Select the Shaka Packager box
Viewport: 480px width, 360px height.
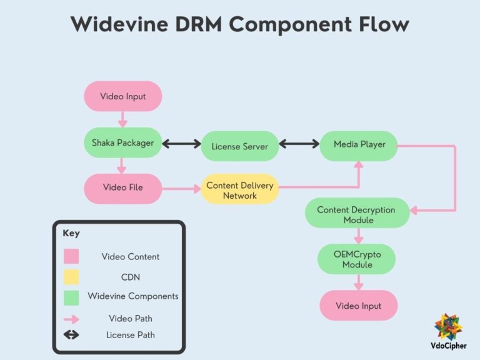122,143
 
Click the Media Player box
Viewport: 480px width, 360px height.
359,145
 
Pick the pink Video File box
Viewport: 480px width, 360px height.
122,188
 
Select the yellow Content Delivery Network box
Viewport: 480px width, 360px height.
239,190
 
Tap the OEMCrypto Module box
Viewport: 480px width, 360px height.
357,259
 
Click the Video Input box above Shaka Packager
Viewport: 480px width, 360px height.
122,97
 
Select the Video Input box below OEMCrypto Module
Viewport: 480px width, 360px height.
358,306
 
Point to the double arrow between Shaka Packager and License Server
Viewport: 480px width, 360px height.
181,144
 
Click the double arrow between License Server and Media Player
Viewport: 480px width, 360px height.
299,144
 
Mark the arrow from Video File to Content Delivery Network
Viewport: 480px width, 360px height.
181,187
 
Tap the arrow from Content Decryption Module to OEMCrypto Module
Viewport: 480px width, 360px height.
358,236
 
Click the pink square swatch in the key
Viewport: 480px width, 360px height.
71,257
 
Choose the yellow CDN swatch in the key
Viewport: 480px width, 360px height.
71,277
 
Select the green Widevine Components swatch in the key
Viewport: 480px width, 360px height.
71,297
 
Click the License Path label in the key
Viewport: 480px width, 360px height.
130,335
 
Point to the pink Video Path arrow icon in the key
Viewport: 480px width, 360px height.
71,318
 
